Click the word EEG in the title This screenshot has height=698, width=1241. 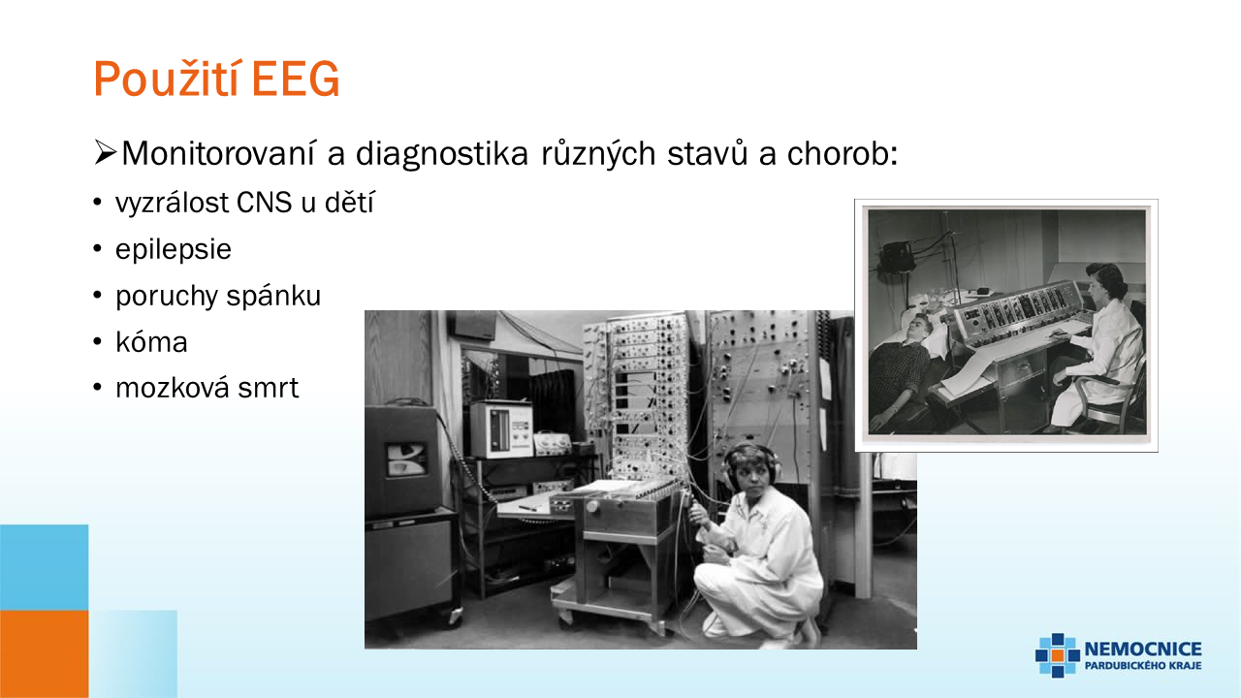295,79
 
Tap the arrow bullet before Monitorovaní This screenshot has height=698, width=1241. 105,153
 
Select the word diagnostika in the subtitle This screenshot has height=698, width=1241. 441,153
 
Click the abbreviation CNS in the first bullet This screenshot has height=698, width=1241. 265,203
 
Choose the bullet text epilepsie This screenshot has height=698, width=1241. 173,249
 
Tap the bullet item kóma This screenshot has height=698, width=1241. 151,342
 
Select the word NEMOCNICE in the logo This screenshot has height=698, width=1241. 1143,650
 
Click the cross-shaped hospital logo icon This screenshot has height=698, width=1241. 1058,654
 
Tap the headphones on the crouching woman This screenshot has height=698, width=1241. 751,464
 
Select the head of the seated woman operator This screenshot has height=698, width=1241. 1104,281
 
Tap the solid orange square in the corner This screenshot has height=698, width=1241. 45,654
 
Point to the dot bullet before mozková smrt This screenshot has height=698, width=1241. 98,389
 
